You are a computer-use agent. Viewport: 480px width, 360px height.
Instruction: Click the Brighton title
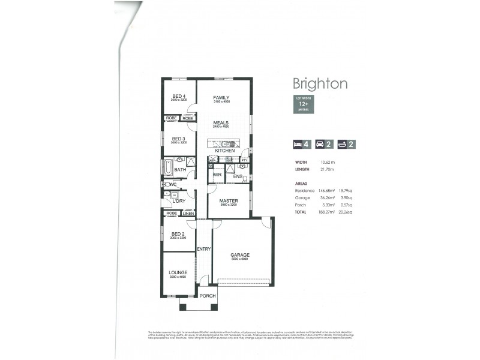click(x=320, y=83)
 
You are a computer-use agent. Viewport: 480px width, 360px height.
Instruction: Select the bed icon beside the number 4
click(x=298, y=144)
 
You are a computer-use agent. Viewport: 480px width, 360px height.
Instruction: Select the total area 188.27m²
click(x=326, y=212)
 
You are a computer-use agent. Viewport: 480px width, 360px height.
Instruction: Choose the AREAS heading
click(x=301, y=183)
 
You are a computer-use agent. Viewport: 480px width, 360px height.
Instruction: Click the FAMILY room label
click(x=221, y=98)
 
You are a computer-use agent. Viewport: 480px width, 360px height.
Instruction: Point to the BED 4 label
click(x=179, y=96)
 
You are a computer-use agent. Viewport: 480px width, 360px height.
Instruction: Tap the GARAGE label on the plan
click(x=240, y=255)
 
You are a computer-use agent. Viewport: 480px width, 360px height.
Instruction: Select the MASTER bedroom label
click(x=228, y=200)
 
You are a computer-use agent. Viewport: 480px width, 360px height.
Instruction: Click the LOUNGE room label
click(x=178, y=272)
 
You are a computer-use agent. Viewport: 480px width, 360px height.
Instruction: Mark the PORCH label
click(x=207, y=296)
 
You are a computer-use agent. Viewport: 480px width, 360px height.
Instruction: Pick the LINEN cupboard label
click(x=188, y=213)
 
